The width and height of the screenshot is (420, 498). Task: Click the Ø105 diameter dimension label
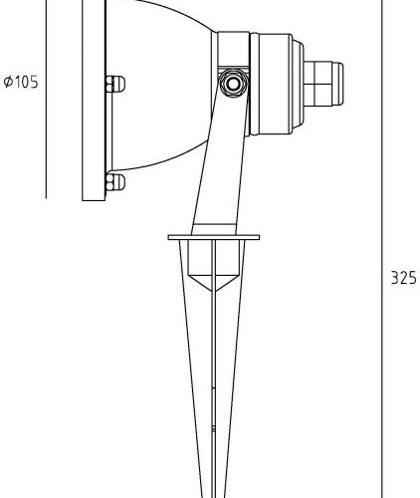coord(21,83)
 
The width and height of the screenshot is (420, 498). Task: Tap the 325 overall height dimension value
coord(402,278)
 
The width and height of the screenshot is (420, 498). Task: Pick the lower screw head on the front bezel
coord(113,181)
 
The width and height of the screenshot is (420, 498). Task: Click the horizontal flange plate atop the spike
coord(215,238)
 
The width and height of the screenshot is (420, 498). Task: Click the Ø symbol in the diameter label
coord(8,83)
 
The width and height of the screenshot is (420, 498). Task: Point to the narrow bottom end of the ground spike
coord(215,490)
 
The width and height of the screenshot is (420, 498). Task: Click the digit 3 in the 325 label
coord(394,278)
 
